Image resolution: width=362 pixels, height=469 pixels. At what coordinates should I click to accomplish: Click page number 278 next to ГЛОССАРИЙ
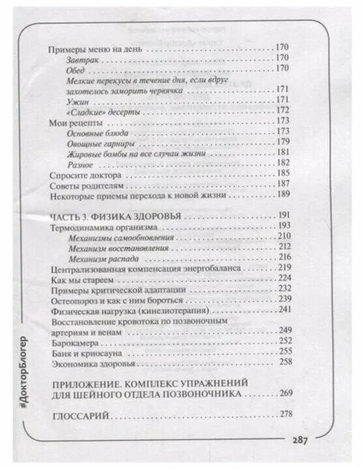pos(286,416)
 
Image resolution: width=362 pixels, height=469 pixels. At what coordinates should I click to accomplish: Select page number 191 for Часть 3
pos(286,215)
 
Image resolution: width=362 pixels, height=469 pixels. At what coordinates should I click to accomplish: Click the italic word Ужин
pos(76,100)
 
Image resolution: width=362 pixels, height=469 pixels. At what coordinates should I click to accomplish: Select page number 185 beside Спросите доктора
pos(283,174)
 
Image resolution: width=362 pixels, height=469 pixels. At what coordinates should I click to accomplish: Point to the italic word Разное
pos(80,163)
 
